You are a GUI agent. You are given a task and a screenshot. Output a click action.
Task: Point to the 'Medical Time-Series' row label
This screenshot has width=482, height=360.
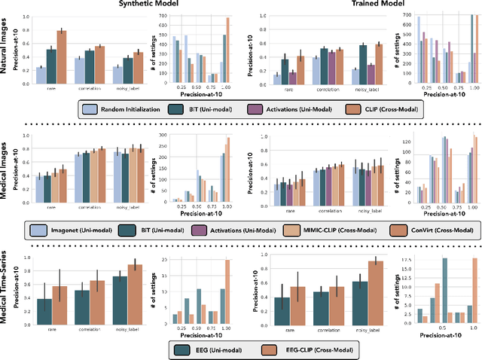pos(6,288)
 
